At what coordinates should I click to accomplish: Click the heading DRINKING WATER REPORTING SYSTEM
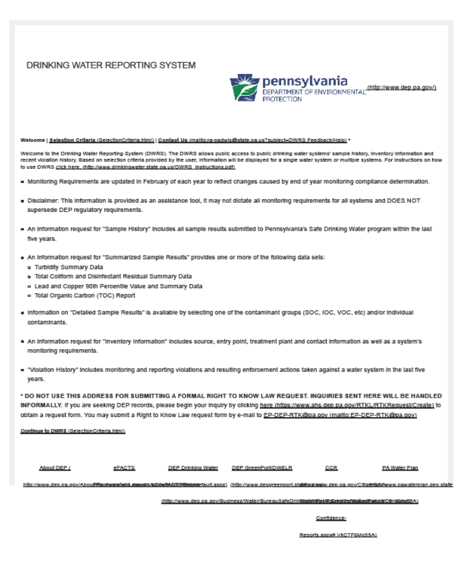click(110, 65)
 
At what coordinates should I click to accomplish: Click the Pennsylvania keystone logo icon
click(244, 88)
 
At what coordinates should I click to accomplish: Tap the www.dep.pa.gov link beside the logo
click(402, 87)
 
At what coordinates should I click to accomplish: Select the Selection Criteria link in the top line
click(101, 140)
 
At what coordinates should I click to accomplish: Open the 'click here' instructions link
click(69, 166)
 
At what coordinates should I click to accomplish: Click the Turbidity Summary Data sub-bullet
click(69, 267)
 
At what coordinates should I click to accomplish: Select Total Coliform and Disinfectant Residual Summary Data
click(113, 276)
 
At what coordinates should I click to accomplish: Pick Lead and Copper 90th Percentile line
click(118, 286)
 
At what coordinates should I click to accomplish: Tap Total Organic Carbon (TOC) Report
click(85, 296)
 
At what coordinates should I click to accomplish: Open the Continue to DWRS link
click(72, 431)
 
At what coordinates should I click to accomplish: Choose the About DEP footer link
click(55, 468)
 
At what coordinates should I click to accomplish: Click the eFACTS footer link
click(124, 468)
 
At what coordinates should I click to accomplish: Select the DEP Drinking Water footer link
click(193, 468)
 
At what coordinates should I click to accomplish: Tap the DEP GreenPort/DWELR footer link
click(262, 468)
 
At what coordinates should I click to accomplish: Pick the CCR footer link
click(331, 468)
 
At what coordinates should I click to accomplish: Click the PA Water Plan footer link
click(400, 468)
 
